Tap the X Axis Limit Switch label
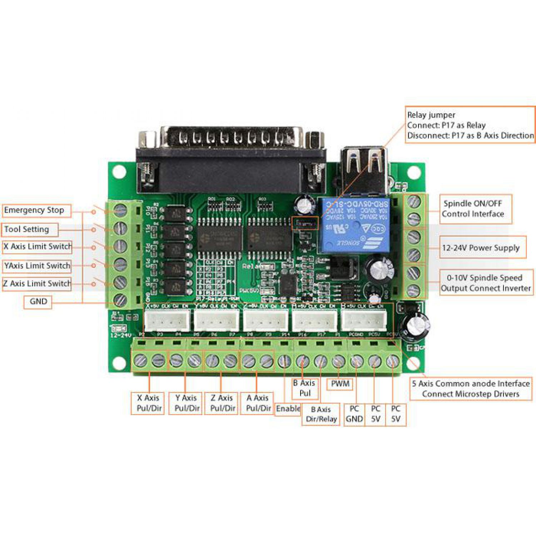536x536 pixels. pos(37,247)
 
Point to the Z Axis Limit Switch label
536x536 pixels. pos(37,284)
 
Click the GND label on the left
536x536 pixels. pos(38,302)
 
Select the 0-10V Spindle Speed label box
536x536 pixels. pos(486,283)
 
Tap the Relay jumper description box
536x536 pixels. pos(470,125)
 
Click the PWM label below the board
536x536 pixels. pos(340,384)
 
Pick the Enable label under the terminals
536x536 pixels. pos(288,409)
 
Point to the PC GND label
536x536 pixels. pos(354,414)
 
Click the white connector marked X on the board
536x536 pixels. pos(167,321)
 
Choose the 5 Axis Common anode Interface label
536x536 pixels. pos(471,389)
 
